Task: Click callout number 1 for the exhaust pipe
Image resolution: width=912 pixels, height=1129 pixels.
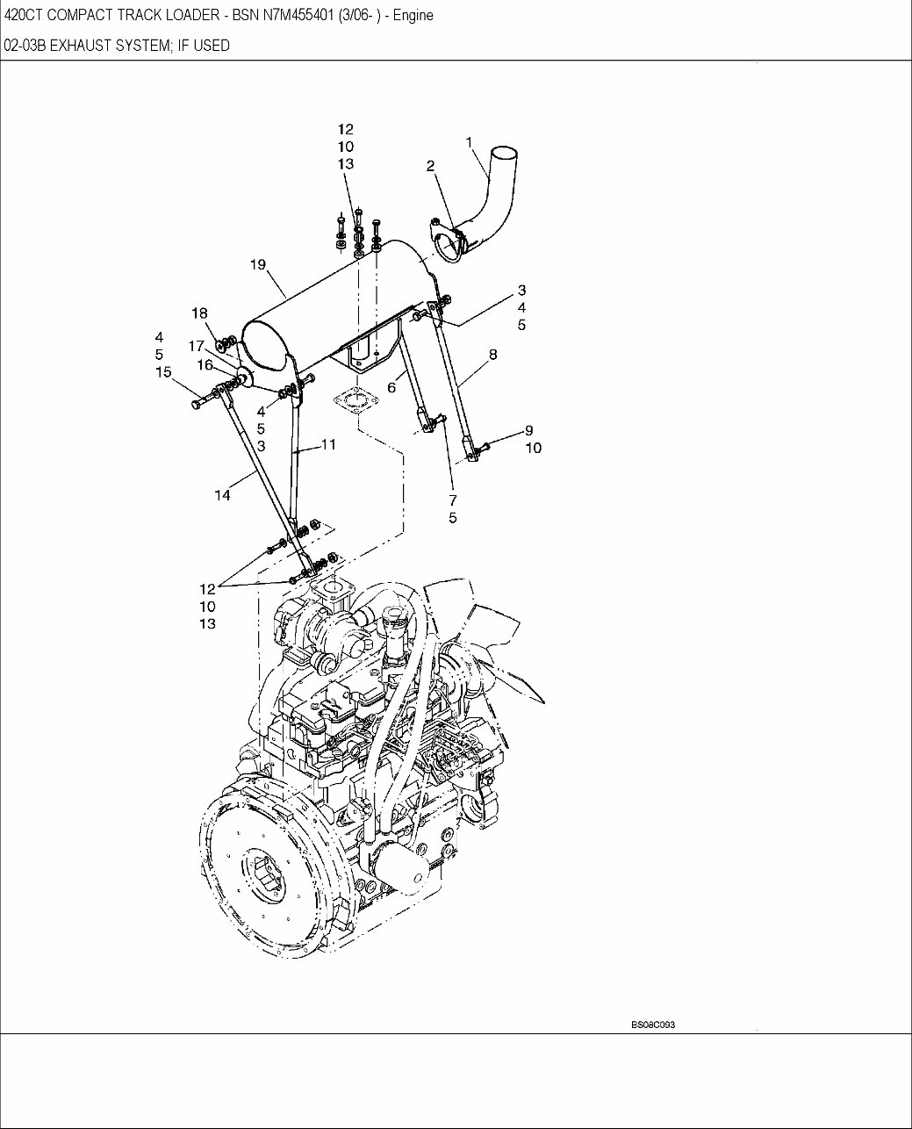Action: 470,141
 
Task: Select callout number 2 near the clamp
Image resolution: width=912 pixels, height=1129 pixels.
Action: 431,165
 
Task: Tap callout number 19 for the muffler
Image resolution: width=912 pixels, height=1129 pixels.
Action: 258,263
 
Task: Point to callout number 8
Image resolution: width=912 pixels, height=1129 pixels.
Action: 492,355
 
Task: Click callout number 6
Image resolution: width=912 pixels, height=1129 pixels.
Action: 391,387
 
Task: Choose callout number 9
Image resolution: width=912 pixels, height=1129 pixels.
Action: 528,430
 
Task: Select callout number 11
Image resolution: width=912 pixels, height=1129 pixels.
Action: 327,445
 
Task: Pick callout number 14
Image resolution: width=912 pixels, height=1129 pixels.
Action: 222,496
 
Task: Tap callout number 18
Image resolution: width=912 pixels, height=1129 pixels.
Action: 200,313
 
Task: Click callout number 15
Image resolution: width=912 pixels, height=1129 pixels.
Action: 163,372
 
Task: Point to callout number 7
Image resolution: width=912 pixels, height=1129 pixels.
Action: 453,500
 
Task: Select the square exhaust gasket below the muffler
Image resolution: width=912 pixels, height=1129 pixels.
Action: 355,403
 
